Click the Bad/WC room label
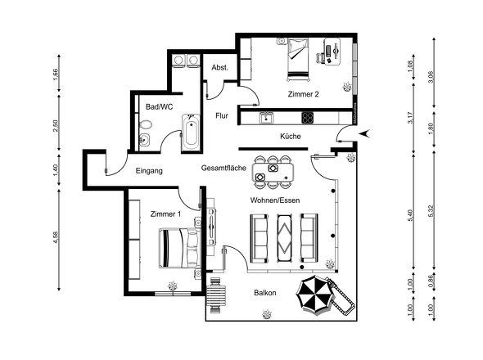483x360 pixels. click(160, 107)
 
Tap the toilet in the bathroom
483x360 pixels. click(145, 124)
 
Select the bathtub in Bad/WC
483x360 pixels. click(191, 133)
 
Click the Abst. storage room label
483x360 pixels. click(220, 67)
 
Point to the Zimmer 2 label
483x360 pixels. click(303, 94)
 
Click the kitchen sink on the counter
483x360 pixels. click(266, 118)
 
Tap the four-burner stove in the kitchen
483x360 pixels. click(308, 118)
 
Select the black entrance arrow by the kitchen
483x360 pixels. click(364, 133)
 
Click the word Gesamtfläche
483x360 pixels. click(223, 168)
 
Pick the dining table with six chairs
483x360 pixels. click(273, 173)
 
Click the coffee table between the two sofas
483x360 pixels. click(284, 238)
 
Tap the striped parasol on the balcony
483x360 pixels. click(315, 295)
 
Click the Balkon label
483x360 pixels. click(265, 293)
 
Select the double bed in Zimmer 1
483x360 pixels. click(179, 248)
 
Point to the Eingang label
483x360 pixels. click(149, 171)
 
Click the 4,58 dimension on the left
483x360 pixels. click(56, 237)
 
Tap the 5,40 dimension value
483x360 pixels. click(410, 215)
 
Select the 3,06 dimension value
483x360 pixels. click(431, 77)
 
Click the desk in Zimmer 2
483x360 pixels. click(332, 51)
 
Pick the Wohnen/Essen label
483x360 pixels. click(275, 200)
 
